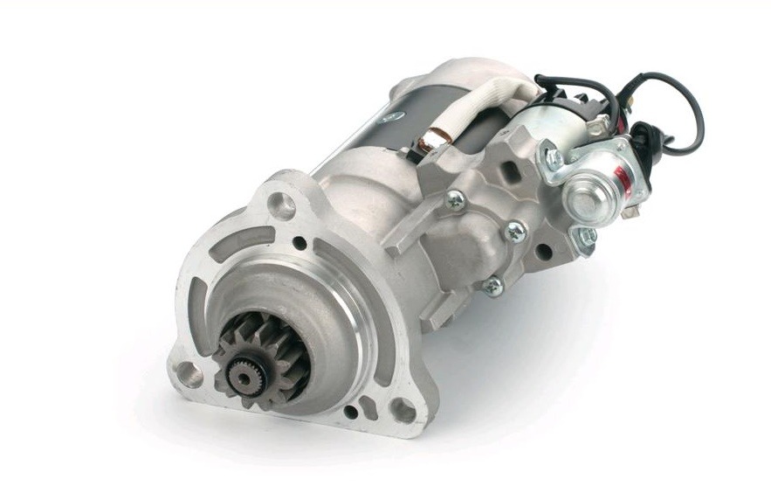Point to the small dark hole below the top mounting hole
[299, 243]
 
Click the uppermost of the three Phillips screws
[455, 200]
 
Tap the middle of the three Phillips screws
[515, 232]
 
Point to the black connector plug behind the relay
[644, 140]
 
